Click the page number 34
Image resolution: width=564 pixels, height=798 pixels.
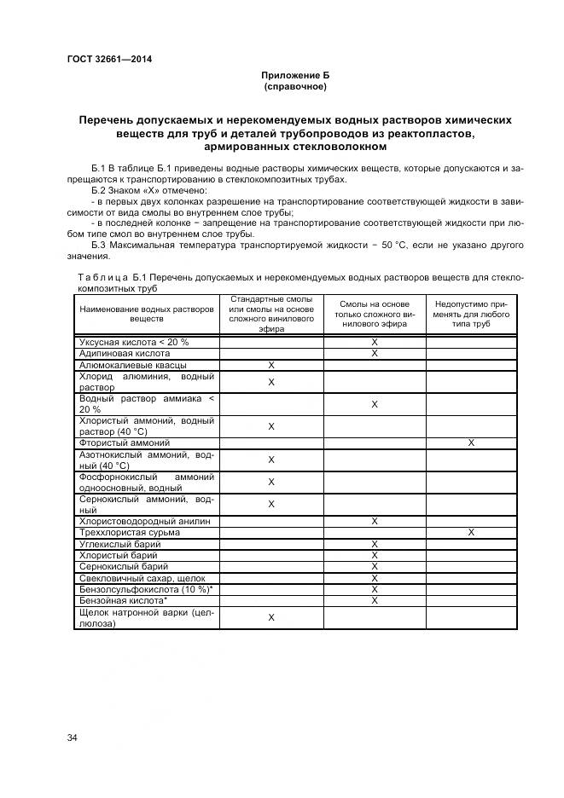tap(73, 737)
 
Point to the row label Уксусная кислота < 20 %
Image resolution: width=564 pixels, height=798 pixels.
tap(134, 342)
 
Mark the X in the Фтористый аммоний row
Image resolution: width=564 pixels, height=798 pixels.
tap(471, 443)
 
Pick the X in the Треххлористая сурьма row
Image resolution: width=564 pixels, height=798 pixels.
tap(471, 532)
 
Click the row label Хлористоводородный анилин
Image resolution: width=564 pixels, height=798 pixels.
tap(144, 521)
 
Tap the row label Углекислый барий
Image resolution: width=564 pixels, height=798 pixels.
tap(119, 543)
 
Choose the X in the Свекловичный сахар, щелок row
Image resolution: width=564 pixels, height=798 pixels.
tap(374, 577)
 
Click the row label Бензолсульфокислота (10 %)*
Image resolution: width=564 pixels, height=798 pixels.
tap(145, 589)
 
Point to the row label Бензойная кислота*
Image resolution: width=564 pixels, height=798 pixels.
tap(123, 600)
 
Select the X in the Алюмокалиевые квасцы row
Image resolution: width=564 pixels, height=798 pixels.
tap(271, 365)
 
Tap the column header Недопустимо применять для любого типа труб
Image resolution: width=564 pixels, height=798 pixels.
tap(471, 314)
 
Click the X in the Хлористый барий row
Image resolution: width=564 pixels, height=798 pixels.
tap(374, 555)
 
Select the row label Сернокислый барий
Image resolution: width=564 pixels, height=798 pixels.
tap(124, 566)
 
